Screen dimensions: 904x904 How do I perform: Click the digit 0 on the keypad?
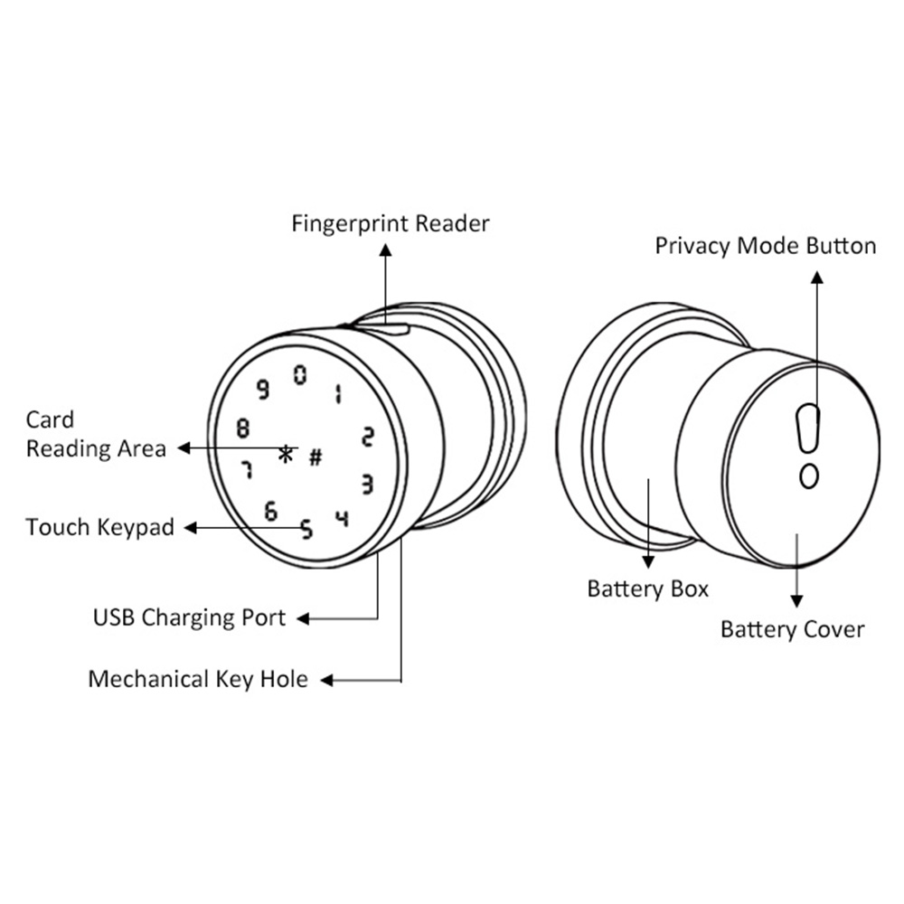tap(300, 373)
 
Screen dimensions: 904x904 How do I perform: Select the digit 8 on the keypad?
tap(242, 428)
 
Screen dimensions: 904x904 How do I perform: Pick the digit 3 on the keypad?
tap(366, 485)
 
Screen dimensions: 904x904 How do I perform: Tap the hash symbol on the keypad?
tap(315, 457)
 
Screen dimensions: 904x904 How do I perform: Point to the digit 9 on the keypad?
tap(263, 390)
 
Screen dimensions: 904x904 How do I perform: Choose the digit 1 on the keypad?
tap(337, 393)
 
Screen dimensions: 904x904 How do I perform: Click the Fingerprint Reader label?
tap(390, 223)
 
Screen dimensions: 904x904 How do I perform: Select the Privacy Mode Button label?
tap(765, 246)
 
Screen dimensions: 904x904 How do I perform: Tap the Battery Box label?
tap(647, 589)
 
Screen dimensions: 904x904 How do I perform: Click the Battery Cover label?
tap(792, 629)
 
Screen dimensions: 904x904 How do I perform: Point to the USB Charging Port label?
tap(189, 618)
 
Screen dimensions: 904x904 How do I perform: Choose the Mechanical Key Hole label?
tap(197, 679)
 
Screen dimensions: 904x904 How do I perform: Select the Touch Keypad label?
tap(99, 527)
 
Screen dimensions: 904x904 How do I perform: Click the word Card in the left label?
tap(50, 420)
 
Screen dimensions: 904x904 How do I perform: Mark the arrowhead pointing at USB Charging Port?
tap(304, 619)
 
